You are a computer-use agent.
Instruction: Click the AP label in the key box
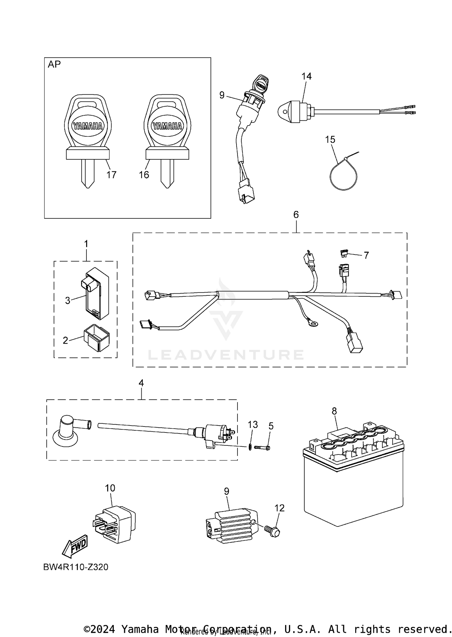[x=54, y=64]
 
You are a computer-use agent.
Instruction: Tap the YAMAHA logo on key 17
[x=88, y=126]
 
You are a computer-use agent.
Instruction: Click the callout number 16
[x=144, y=175]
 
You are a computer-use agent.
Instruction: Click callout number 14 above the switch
[x=306, y=76]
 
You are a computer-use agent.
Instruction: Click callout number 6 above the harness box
[x=296, y=214]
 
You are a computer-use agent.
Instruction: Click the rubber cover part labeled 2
[x=96, y=337]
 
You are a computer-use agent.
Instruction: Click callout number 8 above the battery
[x=334, y=411]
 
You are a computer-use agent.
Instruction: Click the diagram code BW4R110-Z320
[x=76, y=567]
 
